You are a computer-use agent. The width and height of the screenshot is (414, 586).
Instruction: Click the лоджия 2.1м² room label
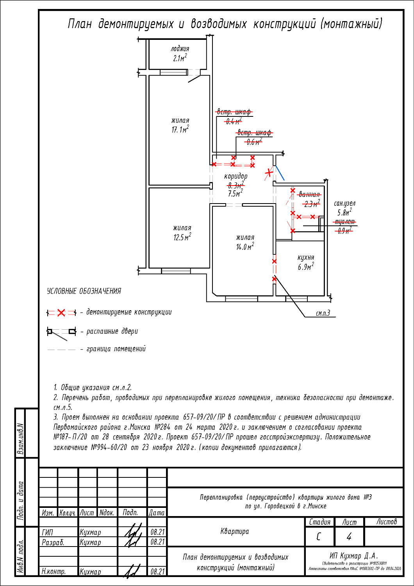pyautogui.click(x=180, y=54)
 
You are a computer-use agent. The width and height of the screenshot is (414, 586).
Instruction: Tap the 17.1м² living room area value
pyautogui.click(x=180, y=130)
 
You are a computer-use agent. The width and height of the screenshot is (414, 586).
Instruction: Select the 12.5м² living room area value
pyautogui.click(x=182, y=237)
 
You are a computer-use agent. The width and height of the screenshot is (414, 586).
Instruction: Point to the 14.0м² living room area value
pyautogui.click(x=245, y=247)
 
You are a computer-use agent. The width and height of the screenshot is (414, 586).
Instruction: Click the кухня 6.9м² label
pyautogui.click(x=306, y=263)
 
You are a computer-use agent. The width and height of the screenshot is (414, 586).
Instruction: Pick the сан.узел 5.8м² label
pyautogui.click(x=345, y=208)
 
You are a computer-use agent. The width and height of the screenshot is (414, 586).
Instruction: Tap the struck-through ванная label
pyautogui.click(x=309, y=195)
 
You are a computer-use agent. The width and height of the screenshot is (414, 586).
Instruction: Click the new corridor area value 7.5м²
pyautogui.click(x=235, y=193)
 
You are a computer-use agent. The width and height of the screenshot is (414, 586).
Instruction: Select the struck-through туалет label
pyautogui.click(x=344, y=222)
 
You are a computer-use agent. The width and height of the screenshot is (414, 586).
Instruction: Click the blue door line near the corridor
pyautogui.click(x=280, y=173)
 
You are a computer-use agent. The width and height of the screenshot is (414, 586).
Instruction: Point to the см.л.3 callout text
pyautogui.click(x=323, y=313)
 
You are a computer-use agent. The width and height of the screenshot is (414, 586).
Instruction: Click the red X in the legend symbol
pyautogui.click(x=61, y=313)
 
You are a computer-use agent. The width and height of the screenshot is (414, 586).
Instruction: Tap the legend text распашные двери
pyautogui.click(x=112, y=331)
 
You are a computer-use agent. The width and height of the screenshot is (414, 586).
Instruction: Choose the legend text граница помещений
pyautogui.click(x=116, y=349)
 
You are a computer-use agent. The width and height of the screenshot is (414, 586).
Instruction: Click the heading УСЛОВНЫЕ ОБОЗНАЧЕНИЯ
pyautogui.click(x=84, y=291)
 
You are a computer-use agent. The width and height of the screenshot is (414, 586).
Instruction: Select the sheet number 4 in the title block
pyautogui.click(x=349, y=537)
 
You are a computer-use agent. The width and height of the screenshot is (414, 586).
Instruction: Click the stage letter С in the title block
pyautogui.click(x=319, y=537)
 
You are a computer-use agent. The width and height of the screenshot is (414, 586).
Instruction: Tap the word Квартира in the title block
pyautogui.click(x=235, y=531)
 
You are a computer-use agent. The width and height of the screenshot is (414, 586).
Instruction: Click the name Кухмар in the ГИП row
pyautogui.click(x=90, y=532)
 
